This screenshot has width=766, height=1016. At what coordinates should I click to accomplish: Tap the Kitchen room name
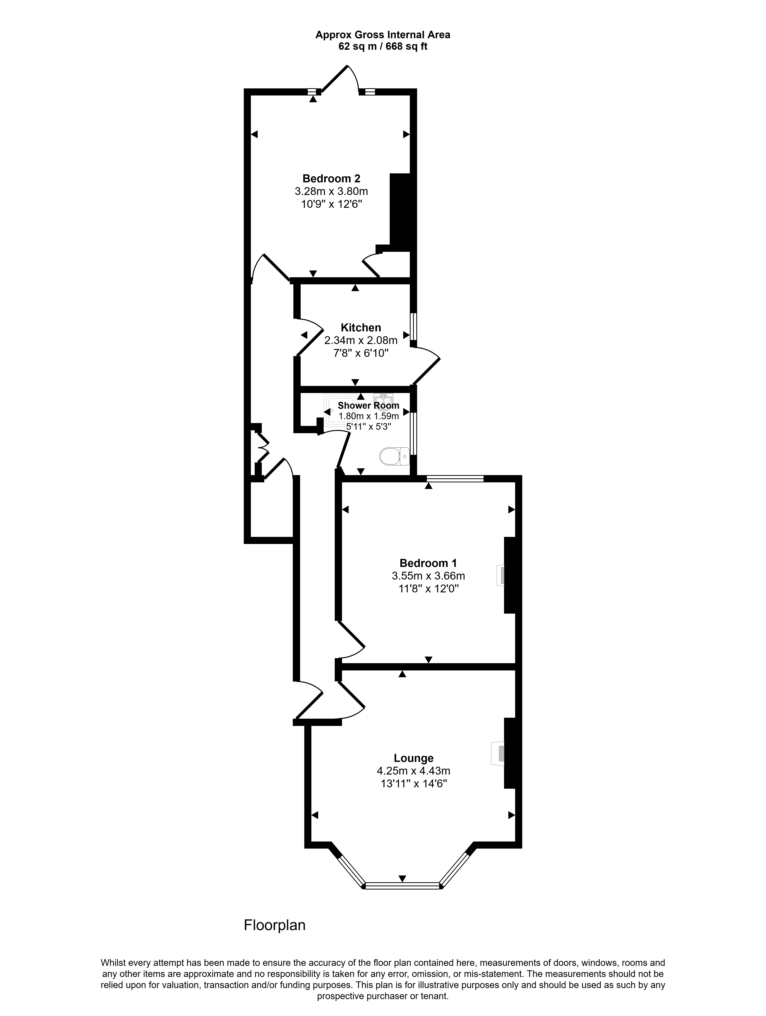tap(361, 328)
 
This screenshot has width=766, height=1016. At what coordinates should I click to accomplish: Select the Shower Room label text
tap(368, 406)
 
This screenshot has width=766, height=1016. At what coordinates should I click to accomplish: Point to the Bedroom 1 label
tap(428, 563)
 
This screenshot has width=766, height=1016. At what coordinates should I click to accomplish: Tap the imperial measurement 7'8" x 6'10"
tap(361, 353)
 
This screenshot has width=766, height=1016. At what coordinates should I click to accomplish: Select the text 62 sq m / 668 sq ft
tap(383, 46)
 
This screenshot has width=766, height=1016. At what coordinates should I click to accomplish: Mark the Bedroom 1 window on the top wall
tap(455, 479)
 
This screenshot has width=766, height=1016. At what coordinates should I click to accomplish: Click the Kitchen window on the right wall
tap(413, 327)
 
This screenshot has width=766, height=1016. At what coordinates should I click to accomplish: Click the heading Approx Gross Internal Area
tap(383, 34)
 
